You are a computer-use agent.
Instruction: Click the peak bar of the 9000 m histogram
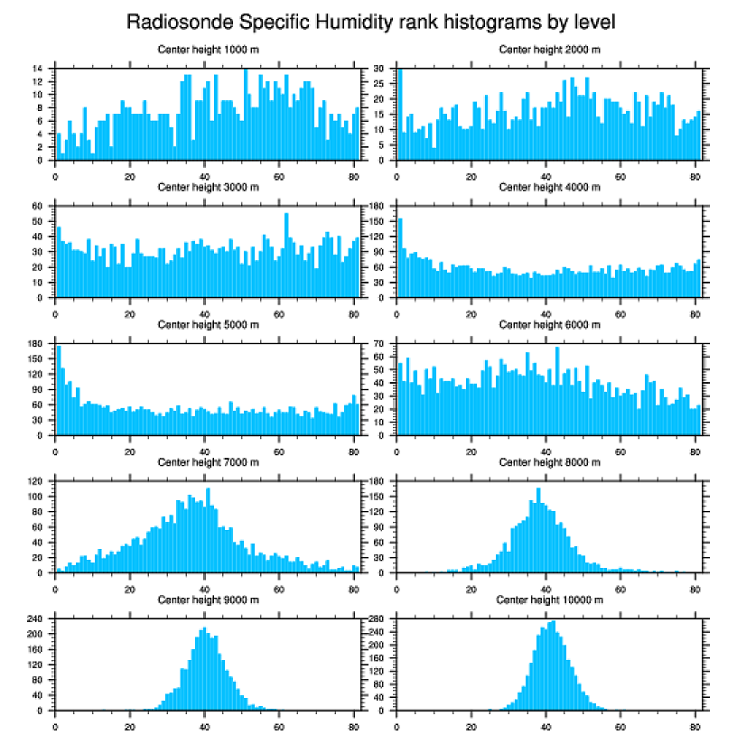[204, 669]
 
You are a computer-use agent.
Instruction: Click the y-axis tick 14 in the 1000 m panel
[38, 69]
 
